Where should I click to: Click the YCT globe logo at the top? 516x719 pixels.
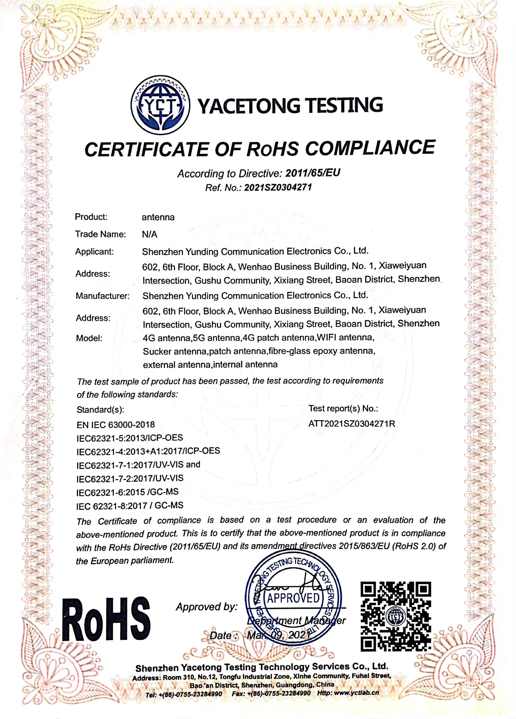click(160, 105)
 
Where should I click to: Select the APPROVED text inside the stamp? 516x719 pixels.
click(293, 598)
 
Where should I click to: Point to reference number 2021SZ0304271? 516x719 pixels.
click(278, 187)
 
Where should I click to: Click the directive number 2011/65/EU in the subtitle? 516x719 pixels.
click(313, 173)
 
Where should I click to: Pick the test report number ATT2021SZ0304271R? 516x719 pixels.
click(352, 424)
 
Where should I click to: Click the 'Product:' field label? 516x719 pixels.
click(91, 217)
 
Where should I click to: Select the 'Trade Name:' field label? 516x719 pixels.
click(100, 234)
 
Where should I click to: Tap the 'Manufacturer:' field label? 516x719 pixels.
click(103, 296)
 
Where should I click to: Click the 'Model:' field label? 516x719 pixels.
click(89, 338)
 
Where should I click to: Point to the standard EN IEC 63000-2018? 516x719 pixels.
click(115, 424)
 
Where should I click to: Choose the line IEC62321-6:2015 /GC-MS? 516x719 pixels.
click(127, 492)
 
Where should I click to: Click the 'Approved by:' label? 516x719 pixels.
click(206, 607)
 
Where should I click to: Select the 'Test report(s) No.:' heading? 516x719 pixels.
click(343, 408)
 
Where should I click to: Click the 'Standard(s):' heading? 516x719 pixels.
click(100, 410)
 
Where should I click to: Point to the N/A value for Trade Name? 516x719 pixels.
click(150, 234)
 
